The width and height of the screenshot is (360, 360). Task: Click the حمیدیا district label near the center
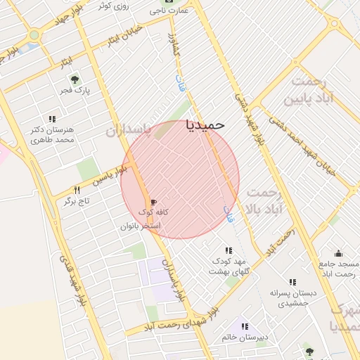[205, 124]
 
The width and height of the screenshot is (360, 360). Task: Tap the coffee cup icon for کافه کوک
[153, 202]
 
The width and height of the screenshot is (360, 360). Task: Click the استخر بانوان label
[141, 226]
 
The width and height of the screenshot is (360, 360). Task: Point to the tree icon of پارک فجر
[75, 79]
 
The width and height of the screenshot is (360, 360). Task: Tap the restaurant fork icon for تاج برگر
[77, 190]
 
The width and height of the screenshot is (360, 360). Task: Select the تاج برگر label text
[79, 201]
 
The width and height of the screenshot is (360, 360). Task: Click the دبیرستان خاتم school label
[245, 337]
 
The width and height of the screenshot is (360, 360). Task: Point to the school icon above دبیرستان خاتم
[245, 326]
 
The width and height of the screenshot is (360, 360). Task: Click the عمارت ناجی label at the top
[174, 11]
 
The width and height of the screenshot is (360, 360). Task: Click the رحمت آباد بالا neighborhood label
[264, 200]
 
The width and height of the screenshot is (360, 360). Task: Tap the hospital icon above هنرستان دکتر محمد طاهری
[51, 119]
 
